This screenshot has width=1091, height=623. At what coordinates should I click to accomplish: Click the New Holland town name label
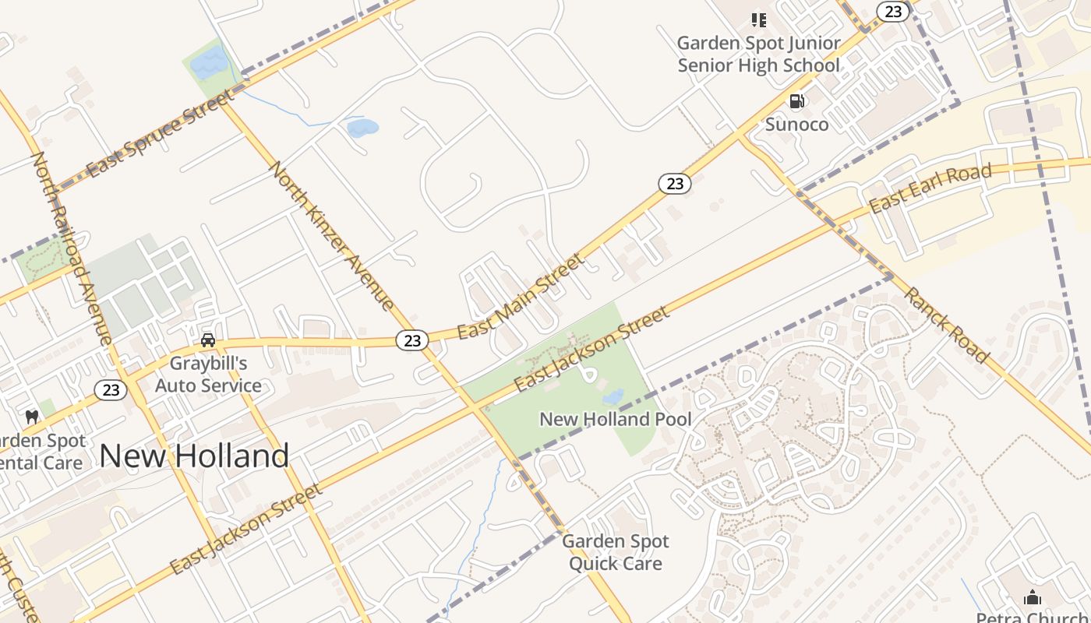194,456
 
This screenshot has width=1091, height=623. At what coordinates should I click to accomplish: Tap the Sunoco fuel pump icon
796,100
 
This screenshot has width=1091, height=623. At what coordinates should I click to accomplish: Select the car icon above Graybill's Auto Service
208,340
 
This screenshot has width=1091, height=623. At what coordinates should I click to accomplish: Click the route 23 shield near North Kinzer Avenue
412,340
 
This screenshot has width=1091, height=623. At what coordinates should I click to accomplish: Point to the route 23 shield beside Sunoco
675,184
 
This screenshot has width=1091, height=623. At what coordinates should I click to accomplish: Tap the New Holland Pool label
615,419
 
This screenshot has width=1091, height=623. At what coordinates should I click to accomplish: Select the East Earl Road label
930,188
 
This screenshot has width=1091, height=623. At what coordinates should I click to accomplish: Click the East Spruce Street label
159,133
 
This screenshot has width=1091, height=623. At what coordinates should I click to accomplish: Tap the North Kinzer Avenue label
332,235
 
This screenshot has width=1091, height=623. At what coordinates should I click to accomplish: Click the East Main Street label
520,297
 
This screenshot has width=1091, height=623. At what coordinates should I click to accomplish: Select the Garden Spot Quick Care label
615,552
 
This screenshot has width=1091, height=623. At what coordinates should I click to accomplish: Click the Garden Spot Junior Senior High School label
758,54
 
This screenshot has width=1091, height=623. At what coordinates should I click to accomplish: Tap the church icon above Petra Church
1033,597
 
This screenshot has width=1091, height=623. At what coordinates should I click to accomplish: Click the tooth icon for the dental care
32,417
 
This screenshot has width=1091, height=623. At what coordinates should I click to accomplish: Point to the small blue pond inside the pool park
613,397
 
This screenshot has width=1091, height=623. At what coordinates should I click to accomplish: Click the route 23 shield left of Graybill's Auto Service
111,390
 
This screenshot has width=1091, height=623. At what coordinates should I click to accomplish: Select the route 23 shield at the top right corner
893,11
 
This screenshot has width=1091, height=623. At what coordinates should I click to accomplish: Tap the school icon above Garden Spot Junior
758,19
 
